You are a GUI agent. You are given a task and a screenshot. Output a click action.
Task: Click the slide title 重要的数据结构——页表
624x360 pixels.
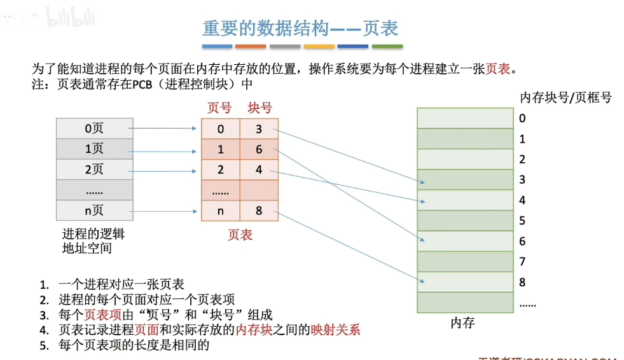click(x=300, y=29)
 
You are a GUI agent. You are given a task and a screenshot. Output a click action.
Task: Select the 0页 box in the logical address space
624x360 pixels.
click(x=94, y=128)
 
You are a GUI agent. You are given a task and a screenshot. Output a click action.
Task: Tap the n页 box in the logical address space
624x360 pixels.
click(x=94, y=211)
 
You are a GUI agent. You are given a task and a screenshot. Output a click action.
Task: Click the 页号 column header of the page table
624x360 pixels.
click(x=219, y=108)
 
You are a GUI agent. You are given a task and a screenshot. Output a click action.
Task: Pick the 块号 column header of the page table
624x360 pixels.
click(x=260, y=108)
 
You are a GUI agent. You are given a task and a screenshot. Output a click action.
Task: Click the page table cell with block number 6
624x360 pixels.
click(x=259, y=149)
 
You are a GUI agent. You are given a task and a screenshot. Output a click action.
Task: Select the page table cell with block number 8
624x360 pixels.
click(x=259, y=211)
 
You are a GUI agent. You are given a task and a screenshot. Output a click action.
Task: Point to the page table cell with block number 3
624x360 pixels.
click(x=259, y=129)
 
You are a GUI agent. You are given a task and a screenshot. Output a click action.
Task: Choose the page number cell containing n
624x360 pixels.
click(x=221, y=211)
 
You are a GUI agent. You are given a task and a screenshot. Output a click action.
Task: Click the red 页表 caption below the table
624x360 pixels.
click(x=240, y=235)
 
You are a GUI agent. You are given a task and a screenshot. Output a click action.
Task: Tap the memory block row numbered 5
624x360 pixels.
click(x=464, y=220)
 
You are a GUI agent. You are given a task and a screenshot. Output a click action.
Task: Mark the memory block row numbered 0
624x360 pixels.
click(x=464, y=118)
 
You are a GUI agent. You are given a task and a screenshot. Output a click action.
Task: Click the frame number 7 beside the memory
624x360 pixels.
click(x=522, y=261)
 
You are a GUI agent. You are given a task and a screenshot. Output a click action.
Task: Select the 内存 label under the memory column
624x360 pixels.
click(x=462, y=323)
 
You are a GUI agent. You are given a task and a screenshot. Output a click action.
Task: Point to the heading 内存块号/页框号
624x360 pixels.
click(x=566, y=97)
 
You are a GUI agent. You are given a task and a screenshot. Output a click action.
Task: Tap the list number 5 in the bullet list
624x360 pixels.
click(x=44, y=346)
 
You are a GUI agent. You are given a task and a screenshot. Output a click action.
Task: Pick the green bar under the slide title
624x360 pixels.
click(x=387, y=46)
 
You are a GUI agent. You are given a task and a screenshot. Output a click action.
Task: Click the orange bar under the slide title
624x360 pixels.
click(x=250, y=46)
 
